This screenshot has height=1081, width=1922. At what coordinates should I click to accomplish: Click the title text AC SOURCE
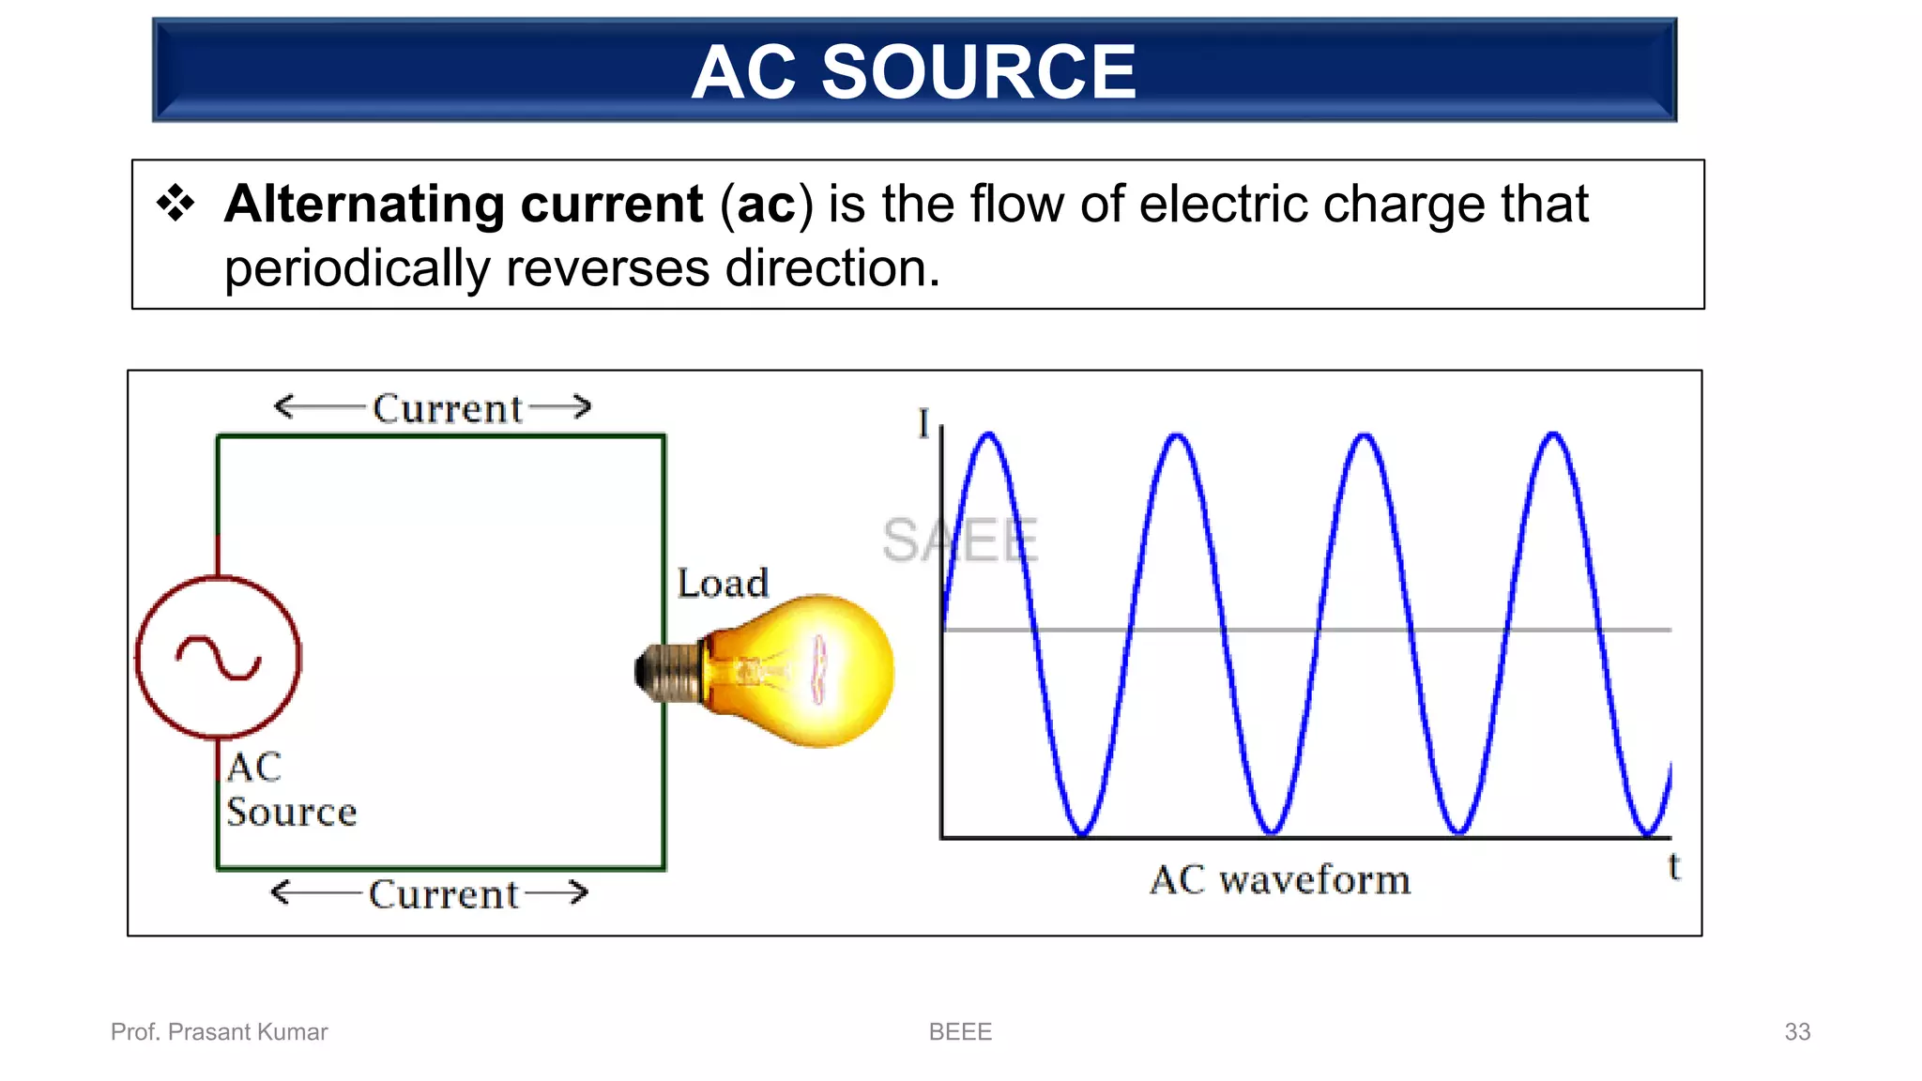click(x=913, y=72)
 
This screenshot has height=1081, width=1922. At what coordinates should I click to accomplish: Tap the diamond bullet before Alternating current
click(x=175, y=203)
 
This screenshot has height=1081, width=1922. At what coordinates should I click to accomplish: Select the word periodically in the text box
click(x=357, y=269)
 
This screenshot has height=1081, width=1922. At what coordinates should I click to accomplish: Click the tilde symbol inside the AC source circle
click(x=219, y=658)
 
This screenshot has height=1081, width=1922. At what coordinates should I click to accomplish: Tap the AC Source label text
click(x=290, y=790)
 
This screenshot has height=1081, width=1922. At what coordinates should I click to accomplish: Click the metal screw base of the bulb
click(x=667, y=672)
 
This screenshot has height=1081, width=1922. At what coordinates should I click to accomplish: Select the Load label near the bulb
click(x=723, y=584)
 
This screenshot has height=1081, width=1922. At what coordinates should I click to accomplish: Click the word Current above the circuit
click(x=447, y=409)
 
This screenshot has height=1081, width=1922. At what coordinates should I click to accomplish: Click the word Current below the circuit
click(x=443, y=894)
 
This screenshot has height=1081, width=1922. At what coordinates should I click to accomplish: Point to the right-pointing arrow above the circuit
click(x=561, y=406)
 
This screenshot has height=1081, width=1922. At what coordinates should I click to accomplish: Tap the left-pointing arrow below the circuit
click(x=313, y=891)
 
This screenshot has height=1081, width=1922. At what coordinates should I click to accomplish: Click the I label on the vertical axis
click(x=923, y=423)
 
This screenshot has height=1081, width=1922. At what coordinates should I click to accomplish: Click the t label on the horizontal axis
click(x=1673, y=866)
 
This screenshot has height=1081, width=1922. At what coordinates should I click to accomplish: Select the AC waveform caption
click(x=1280, y=880)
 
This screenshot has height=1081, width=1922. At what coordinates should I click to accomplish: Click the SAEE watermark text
click(x=959, y=540)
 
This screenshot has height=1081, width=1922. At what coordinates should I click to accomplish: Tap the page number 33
click(x=1796, y=1032)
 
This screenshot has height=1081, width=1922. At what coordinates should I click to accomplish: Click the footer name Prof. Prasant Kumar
click(x=220, y=1032)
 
